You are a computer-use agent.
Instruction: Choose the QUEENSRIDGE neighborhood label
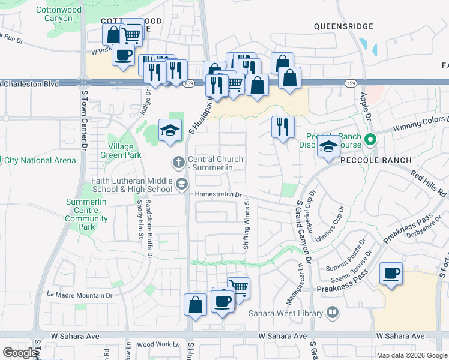pos(343,26)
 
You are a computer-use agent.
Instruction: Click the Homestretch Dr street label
pos(217,194)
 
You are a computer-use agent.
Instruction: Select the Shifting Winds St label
pos(246,226)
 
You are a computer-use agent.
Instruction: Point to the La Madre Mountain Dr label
pos(80,295)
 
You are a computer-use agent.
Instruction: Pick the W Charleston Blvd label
pos(30,84)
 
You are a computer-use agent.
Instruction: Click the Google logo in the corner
pos(20,353)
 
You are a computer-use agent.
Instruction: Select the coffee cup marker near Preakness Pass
pos(391,274)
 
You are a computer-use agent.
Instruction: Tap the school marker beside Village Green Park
pos(170,130)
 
